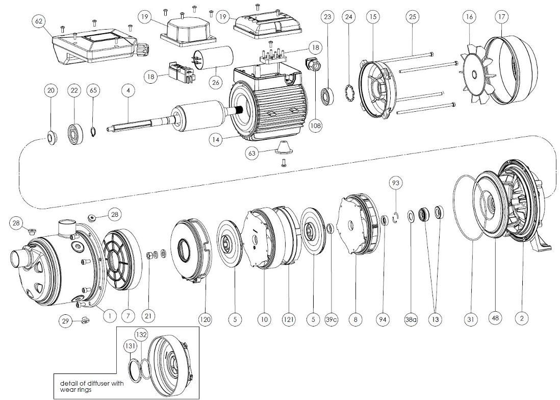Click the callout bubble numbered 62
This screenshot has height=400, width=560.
coord(38,21)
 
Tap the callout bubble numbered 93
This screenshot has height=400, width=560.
coord(395,183)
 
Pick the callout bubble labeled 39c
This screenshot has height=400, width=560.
coord(332,319)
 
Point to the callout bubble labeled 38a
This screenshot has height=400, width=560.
coord(411,319)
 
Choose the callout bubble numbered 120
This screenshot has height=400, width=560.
coord(205,319)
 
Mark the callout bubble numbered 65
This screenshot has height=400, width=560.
coord(92,91)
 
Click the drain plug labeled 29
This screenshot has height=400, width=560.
coord(85,320)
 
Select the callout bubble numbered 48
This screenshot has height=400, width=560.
coord(494,318)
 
